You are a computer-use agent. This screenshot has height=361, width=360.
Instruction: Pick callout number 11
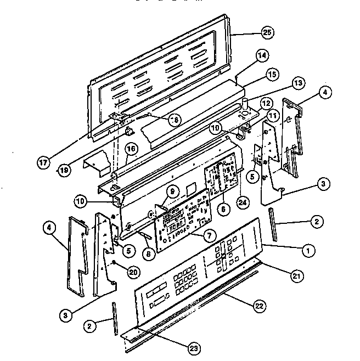tap(273, 115)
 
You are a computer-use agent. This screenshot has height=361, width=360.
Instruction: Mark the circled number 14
tap(262, 55)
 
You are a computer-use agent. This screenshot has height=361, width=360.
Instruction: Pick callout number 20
tap(133, 271)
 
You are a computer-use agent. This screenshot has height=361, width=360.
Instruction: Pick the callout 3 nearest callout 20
tap(65, 315)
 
